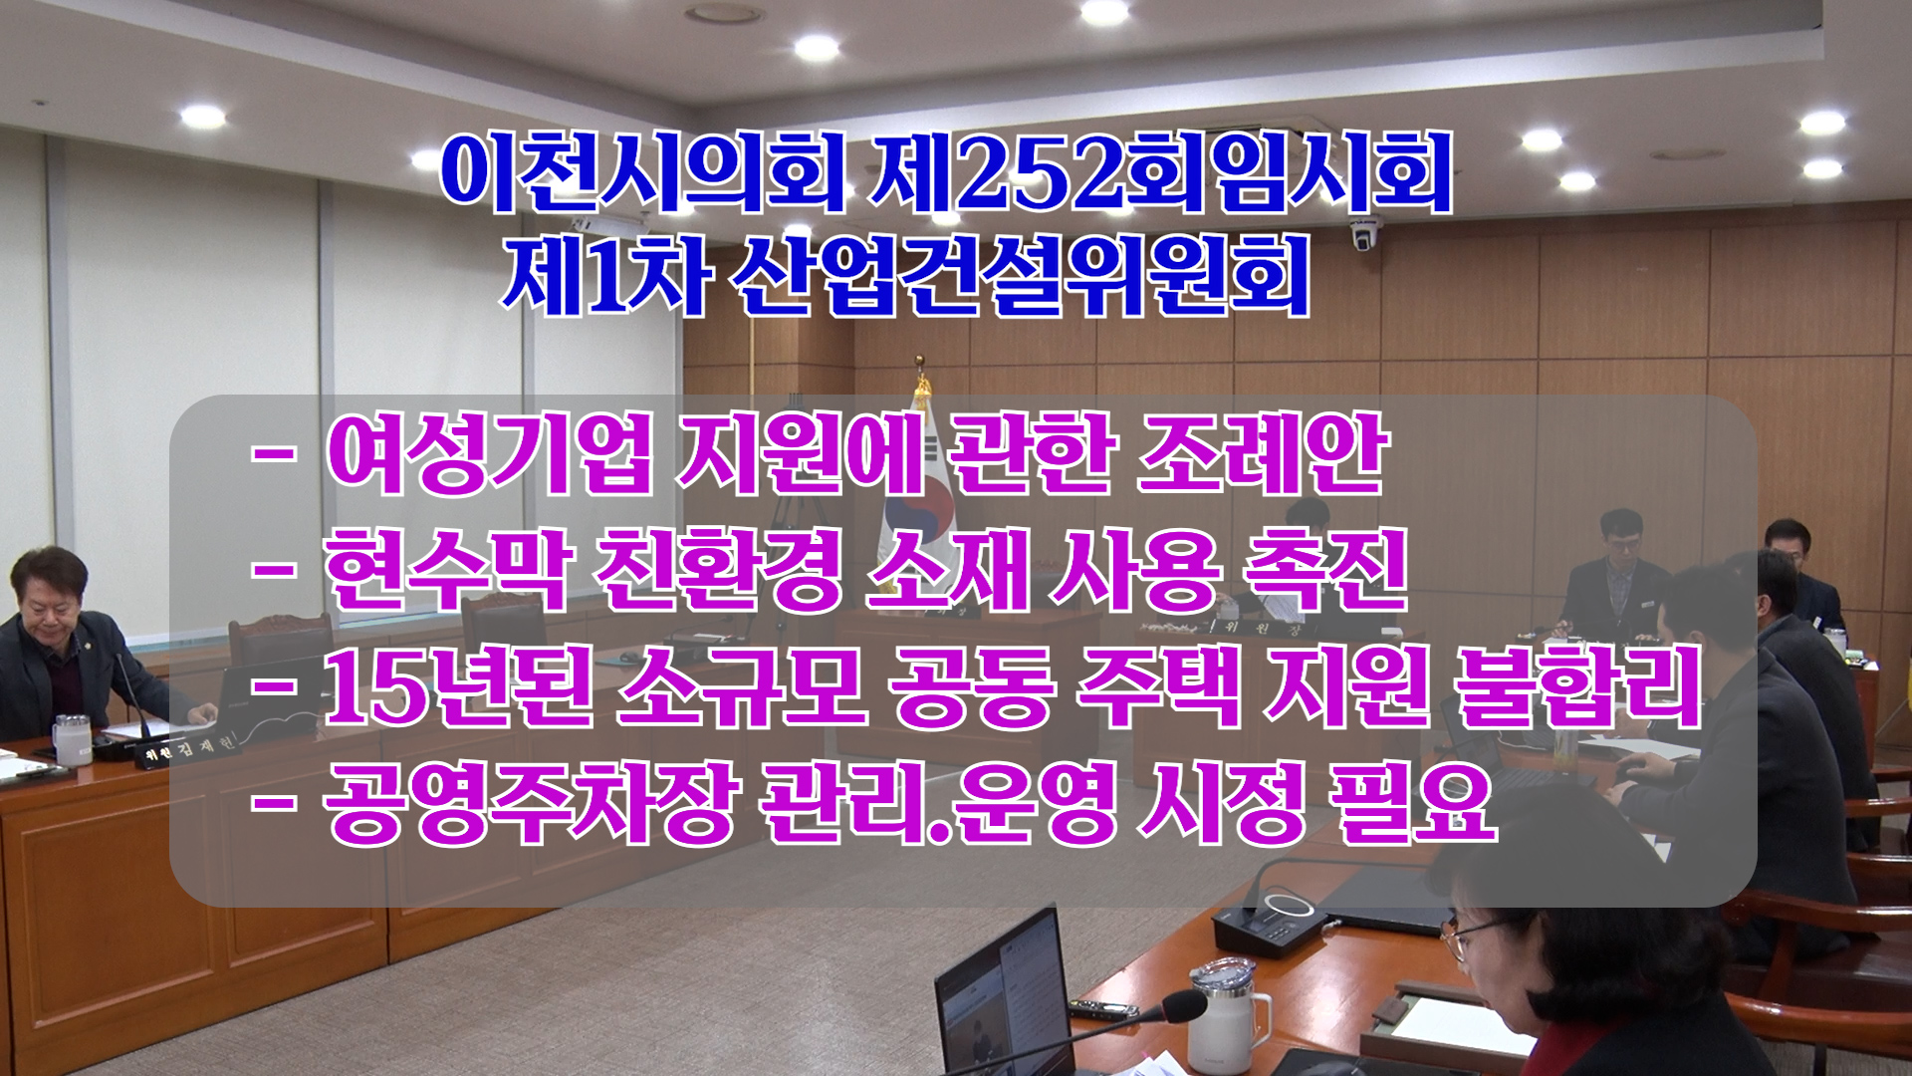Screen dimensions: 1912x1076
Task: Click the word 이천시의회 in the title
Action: pyautogui.click(x=643, y=172)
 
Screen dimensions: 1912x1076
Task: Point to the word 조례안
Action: pyautogui.click(x=1263, y=453)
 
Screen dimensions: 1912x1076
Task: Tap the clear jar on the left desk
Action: pyautogui.click(x=73, y=739)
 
